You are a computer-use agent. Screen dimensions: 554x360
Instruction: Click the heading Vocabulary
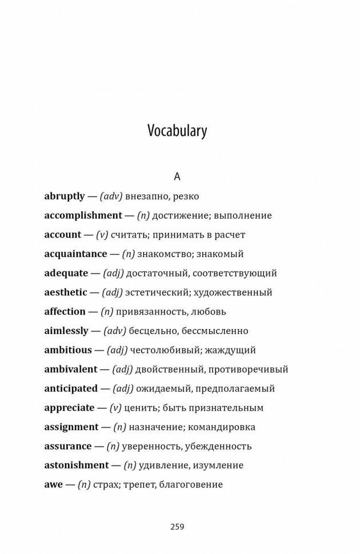[x=177, y=131]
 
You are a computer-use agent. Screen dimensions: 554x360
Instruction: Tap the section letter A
[x=177, y=176]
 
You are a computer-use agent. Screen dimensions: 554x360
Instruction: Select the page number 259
[x=177, y=526]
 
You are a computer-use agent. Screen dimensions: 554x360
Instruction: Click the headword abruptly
[x=65, y=196]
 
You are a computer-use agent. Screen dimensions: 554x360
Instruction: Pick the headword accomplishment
[x=83, y=215]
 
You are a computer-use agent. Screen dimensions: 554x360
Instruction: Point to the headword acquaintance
[x=75, y=254]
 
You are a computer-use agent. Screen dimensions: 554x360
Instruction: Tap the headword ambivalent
[x=71, y=369]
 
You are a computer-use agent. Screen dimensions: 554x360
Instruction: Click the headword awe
[x=53, y=484]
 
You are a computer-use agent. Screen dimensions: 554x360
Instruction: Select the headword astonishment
[x=76, y=465]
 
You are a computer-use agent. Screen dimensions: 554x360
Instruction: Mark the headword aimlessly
[x=66, y=331]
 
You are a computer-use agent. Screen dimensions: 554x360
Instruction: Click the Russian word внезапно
[x=146, y=196]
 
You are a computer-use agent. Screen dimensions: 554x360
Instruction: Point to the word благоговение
[x=192, y=484]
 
